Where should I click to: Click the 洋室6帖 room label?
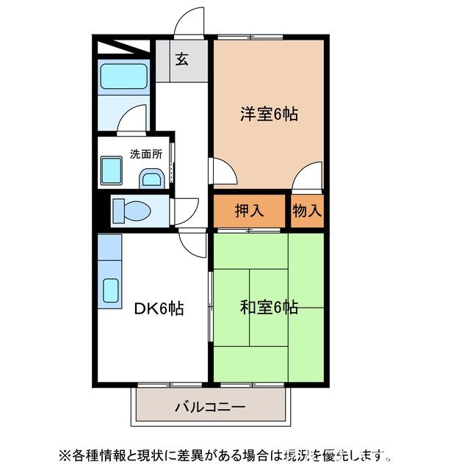tap(269, 115)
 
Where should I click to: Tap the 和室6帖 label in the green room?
tap(269, 308)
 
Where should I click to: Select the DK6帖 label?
tap(159, 308)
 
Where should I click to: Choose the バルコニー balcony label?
tap(210, 406)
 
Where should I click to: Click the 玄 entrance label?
tap(182, 59)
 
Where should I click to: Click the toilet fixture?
tap(132, 210)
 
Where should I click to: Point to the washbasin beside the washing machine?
tap(152, 178)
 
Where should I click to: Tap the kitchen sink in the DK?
tap(111, 291)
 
